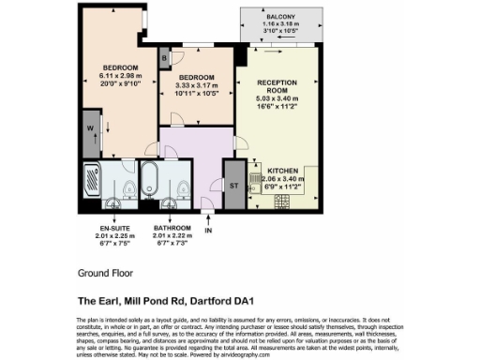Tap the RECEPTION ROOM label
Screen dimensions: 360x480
(x=277, y=87)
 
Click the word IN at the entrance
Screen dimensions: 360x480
(x=209, y=230)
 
